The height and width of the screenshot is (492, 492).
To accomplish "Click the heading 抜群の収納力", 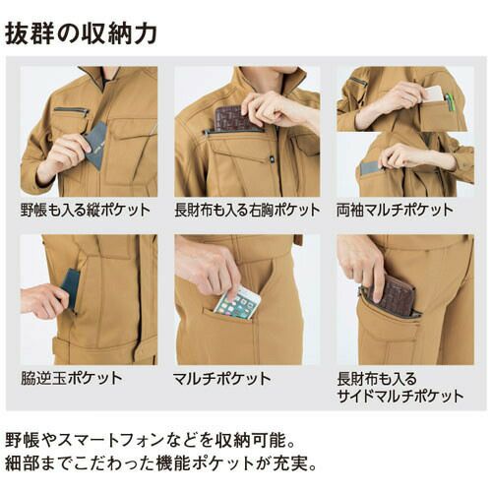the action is tap(81, 33).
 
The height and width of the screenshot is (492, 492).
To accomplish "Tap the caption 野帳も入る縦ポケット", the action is tap(86, 210).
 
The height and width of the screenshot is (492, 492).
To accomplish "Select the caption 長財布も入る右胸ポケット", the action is tap(247, 210).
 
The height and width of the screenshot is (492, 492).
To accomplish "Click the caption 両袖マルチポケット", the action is tap(395, 210).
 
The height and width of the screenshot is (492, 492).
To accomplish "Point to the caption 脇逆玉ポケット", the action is tap(72, 378).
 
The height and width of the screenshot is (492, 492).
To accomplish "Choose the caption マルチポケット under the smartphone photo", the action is tap(221, 379).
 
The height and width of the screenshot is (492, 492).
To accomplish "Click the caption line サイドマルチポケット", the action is tap(400, 396).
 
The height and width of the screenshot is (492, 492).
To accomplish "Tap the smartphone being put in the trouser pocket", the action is tap(237, 303).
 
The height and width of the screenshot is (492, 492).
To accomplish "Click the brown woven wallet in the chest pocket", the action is tap(235, 119).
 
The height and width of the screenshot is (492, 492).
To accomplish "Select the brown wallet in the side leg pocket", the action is tap(393, 293).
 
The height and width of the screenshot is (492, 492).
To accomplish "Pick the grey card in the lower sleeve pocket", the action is tap(371, 168).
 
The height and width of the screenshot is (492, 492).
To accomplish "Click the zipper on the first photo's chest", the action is tap(71, 110).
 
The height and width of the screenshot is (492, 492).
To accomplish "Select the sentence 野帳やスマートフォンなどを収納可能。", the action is tap(151, 440).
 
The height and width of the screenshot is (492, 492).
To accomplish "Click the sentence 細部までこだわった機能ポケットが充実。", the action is tap(160, 463).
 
